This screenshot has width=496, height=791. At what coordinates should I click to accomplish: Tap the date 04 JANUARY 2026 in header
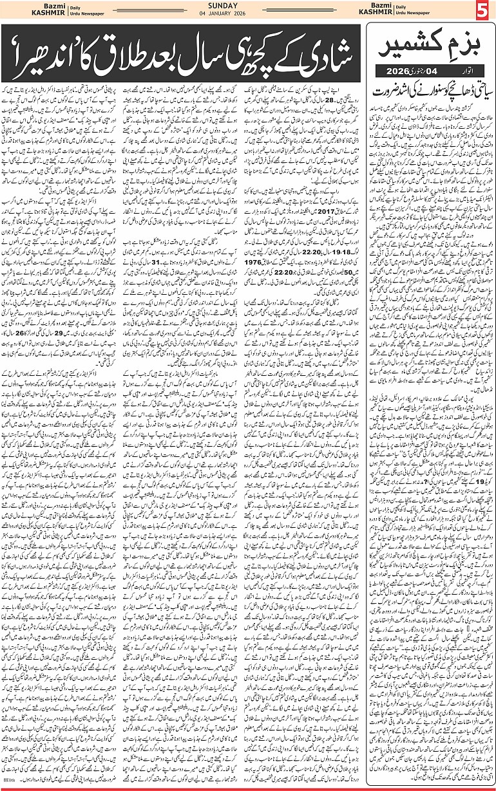[247, 17]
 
